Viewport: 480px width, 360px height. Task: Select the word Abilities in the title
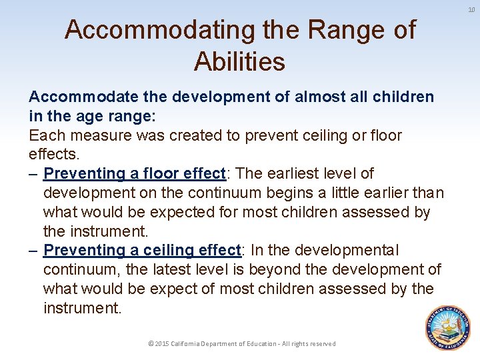[239, 61]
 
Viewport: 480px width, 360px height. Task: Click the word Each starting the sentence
[46, 135]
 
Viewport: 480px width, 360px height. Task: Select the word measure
[98, 135]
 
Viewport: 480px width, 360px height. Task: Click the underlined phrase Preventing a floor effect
[135, 173]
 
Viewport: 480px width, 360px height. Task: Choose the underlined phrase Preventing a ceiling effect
[141, 250]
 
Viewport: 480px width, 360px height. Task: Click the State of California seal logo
[447, 328]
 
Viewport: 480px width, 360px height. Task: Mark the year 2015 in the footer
[162, 343]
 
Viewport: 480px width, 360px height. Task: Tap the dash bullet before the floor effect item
[34, 173]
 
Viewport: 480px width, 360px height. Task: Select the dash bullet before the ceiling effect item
[34, 250]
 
